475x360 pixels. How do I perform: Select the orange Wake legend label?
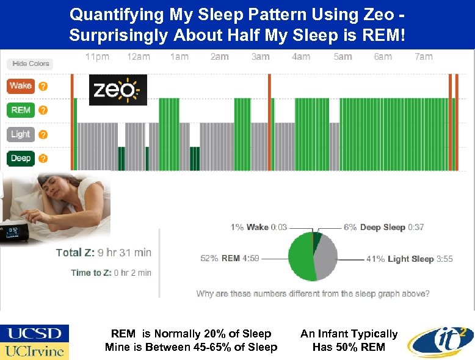coord(21,86)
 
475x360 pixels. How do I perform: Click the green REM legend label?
coord(21,110)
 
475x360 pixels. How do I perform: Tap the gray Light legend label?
coord(21,134)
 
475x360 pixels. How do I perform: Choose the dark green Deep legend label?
coord(21,159)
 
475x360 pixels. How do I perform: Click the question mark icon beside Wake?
coord(43,86)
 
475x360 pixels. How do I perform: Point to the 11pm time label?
coord(97,57)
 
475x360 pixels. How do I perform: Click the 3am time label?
coord(260,57)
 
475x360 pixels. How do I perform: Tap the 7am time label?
coord(423,57)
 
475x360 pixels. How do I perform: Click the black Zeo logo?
coord(118,90)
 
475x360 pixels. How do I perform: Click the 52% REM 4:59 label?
coord(230,258)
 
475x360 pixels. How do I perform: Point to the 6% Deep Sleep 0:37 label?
coord(383,227)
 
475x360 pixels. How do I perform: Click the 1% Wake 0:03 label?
coord(258,227)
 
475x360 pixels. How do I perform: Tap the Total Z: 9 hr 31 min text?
coord(103,252)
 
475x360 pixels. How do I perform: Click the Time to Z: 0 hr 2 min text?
coord(111,273)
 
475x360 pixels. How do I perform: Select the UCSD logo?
coord(35,333)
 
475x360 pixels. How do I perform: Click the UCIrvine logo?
coord(35,351)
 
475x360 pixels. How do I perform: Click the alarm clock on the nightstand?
coord(15,234)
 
